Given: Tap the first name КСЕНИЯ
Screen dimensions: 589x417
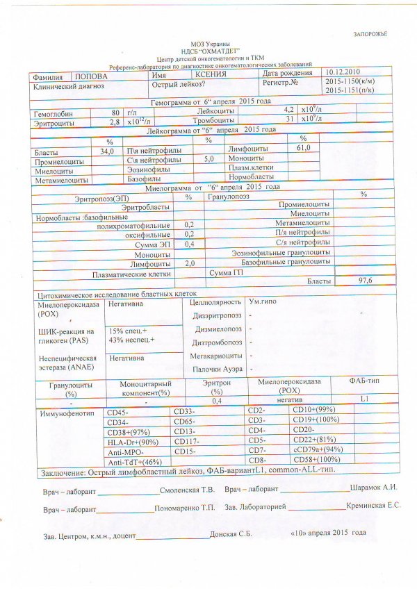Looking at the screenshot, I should tap(211, 74).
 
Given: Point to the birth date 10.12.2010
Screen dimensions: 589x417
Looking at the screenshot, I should tap(343, 72).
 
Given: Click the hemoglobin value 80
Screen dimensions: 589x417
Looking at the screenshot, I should tap(115, 113).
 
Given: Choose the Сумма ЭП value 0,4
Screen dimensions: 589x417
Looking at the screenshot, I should tap(189, 244).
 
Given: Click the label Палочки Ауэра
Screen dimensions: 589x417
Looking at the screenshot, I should tap(218, 369).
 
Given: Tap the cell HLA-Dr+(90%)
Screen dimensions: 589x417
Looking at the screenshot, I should tap(133, 441).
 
